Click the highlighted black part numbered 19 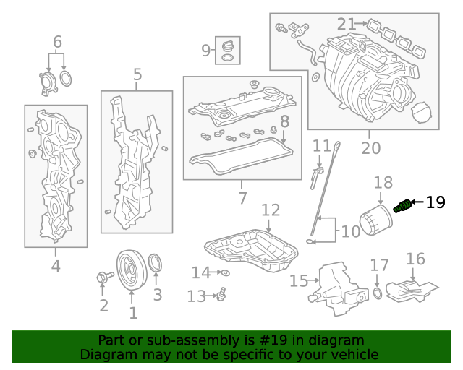pyautogui.click(x=403, y=207)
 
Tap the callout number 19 pyautogui.click(x=436, y=202)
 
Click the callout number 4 pyautogui.click(x=56, y=266)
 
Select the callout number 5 pyautogui.click(x=137, y=74)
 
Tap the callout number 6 pyautogui.click(x=57, y=42)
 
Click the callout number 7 pyautogui.click(x=242, y=197)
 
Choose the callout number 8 pyautogui.click(x=284, y=121)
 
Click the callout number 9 pyautogui.click(x=206, y=50)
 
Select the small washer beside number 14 pyautogui.click(x=225, y=272)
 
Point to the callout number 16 pyautogui.click(x=415, y=259)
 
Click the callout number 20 pyautogui.click(x=370, y=148)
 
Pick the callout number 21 pyautogui.click(x=347, y=25)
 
